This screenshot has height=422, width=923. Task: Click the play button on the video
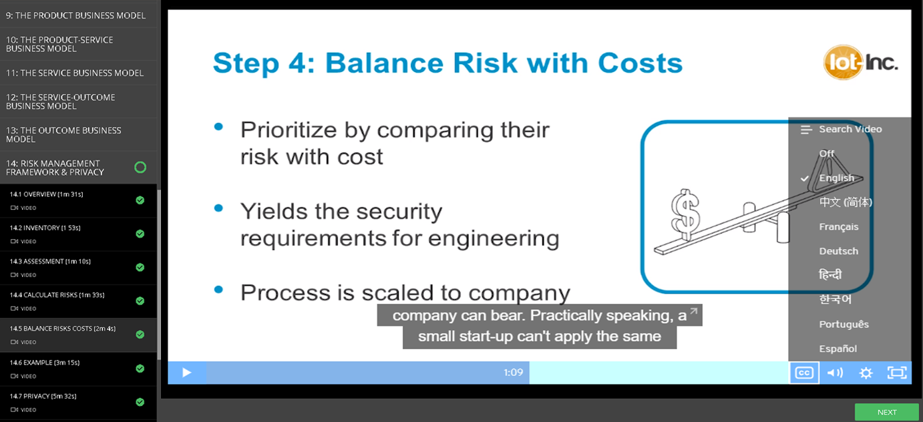[x=186, y=373]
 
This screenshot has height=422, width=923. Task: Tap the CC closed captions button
[x=804, y=373]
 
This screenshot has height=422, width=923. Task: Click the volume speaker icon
[x=835, y=373]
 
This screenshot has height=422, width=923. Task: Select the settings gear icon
[x=866, y=373]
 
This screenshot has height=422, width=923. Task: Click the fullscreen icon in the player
[x=897, y=373]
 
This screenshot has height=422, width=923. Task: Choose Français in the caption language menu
[x=839, y=226]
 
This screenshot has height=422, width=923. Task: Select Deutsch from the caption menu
[x=839, y=251]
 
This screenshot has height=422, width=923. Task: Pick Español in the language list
[x=838, y=349]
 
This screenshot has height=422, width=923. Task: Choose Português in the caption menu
[x=844, y=325]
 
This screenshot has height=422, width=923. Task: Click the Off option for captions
[x=827, y=154]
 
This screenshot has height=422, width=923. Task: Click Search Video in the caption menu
[x=850, y=129]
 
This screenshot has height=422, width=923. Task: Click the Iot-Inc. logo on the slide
[x=860, y=63]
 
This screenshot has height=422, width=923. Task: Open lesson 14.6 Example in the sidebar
[x=45, y=363]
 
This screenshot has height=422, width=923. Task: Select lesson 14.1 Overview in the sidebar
[x=46, y=194]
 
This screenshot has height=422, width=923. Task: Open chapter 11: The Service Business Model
[x=75, y=73]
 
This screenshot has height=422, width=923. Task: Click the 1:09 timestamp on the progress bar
[x=513, y=373]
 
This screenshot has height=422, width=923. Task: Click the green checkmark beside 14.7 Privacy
[x=140, y=402]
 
